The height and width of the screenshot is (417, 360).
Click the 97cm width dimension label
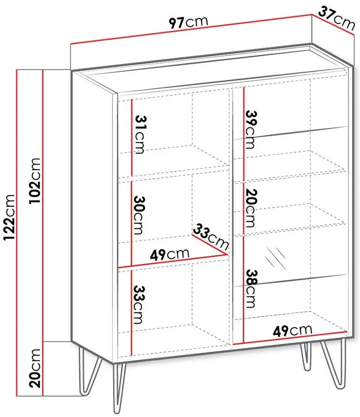coord(189,22)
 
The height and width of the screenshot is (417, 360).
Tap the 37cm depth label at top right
coord(337,19)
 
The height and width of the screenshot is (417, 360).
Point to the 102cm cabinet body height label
coord(34,181)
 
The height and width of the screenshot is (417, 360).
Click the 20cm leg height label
coord(35,368)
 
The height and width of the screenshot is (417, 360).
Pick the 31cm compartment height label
coord(140,135)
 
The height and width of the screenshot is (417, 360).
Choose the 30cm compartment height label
coord(139,215)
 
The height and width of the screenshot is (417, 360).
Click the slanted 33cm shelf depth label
coord(210,237)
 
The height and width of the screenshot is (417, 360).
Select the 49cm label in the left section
coord(170,254)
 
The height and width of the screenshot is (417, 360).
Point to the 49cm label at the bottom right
coord(292,330)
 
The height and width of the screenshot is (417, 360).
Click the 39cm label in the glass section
coord(251,130)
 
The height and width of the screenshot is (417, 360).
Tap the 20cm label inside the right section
coord(251,208)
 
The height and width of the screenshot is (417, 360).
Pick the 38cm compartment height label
coord(251,289)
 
